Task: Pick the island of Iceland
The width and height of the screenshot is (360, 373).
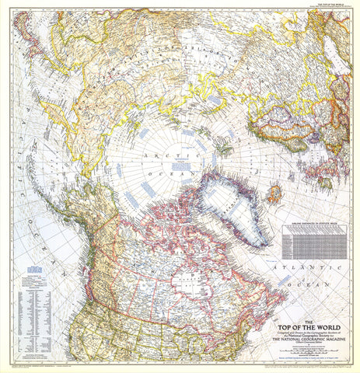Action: click(x=274, y=193)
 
